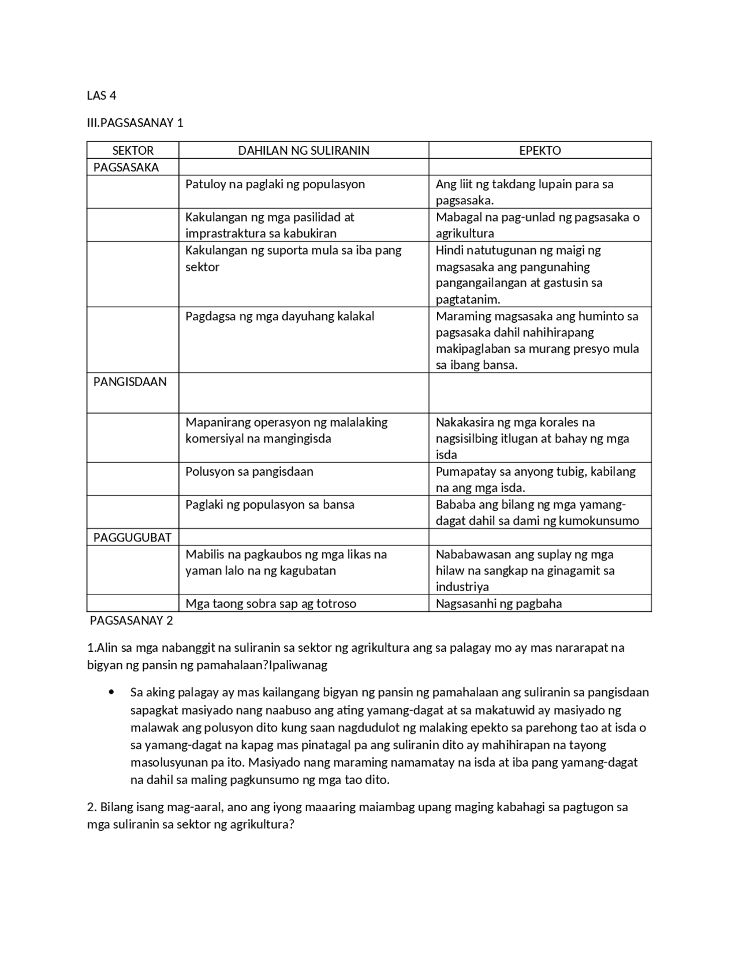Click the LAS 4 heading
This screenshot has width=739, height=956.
pos(102,96)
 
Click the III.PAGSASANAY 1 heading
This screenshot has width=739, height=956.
pos(135,123)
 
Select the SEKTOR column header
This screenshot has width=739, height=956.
pos(133,151)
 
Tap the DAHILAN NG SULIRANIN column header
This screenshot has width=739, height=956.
pos(304,151)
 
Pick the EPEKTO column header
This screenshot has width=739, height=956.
pos(540,151)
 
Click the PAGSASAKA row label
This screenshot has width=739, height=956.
pos(126,167)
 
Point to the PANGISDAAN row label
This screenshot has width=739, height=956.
pos(130,382)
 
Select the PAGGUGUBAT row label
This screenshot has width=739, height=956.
pos(132,537)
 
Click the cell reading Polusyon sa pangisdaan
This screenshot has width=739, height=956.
pos(249,472)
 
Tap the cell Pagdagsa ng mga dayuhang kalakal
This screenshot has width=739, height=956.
pos(280,316)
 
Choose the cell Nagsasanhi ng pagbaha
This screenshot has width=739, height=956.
pos(499,604)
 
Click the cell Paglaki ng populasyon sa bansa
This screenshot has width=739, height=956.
pos(270,505)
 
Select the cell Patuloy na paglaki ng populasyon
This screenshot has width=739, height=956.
pos(275,184)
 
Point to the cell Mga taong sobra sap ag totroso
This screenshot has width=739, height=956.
pos(271,604)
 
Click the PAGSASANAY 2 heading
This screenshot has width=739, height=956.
pos(132,621)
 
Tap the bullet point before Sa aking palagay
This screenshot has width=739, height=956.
pos(111,692)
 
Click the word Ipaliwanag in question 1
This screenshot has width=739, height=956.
pos(298,665)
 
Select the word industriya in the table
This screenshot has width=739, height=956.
pos(462,587)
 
